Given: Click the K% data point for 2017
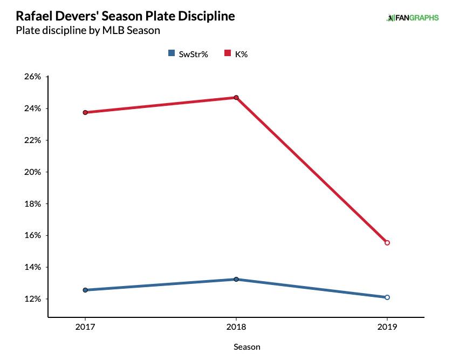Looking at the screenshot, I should (85, 112).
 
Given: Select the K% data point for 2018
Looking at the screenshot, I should (236, 98).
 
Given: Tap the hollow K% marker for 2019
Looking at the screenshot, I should (387, 243).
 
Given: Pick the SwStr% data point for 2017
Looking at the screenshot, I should (85, 290).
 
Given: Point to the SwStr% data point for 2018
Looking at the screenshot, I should (236, 279).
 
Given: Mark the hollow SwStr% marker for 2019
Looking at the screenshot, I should (387, 297).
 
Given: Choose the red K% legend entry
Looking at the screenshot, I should (237, 53).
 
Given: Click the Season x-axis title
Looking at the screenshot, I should (247, 347).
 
